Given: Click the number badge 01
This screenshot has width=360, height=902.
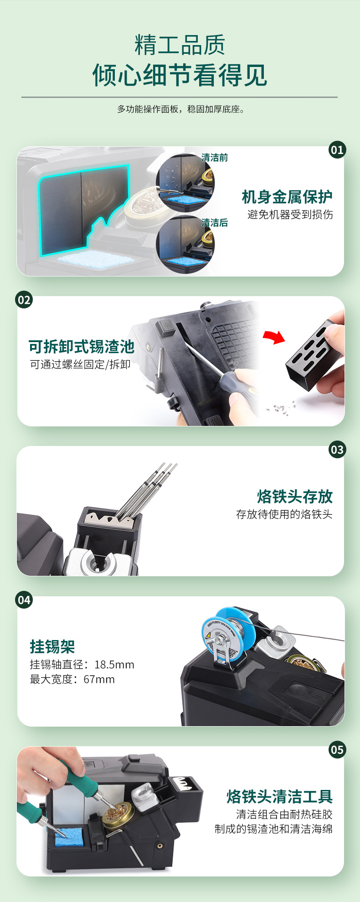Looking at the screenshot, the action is (x=337, y=150).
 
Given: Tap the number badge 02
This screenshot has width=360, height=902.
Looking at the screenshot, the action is (x=24, y=300).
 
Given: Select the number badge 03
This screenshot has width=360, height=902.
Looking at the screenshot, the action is (x=337, y=450).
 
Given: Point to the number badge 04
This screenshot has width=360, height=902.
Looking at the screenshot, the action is (x=24, y=600).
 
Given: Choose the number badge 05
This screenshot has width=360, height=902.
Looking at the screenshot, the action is (x=337, y=750).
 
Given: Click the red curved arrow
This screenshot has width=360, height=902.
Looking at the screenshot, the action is (x=274, y=337).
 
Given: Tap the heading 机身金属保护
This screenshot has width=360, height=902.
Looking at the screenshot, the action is (x=287, y=197).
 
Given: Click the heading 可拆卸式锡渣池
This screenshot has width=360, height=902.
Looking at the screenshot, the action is (x=82, y=347).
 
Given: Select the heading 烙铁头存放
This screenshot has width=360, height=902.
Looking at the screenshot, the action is (x=295, y=497).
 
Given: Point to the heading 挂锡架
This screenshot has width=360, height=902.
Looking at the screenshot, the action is (x=52, y=646).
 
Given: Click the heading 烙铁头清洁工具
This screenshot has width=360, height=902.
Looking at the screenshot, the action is (x=280, y=797).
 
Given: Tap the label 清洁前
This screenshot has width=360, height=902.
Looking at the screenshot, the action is (x=215, y=158).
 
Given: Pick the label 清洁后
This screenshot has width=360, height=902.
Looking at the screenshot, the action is (x=215, y=223).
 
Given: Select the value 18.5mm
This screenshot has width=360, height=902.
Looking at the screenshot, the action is (x=114, y=665).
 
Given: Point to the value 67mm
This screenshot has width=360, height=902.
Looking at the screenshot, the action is (x=99, y=680).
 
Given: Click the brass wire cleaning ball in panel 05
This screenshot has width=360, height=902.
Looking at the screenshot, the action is (x=117, y=813).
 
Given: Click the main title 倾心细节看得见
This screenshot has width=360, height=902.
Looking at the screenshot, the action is (x=180, y=75).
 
